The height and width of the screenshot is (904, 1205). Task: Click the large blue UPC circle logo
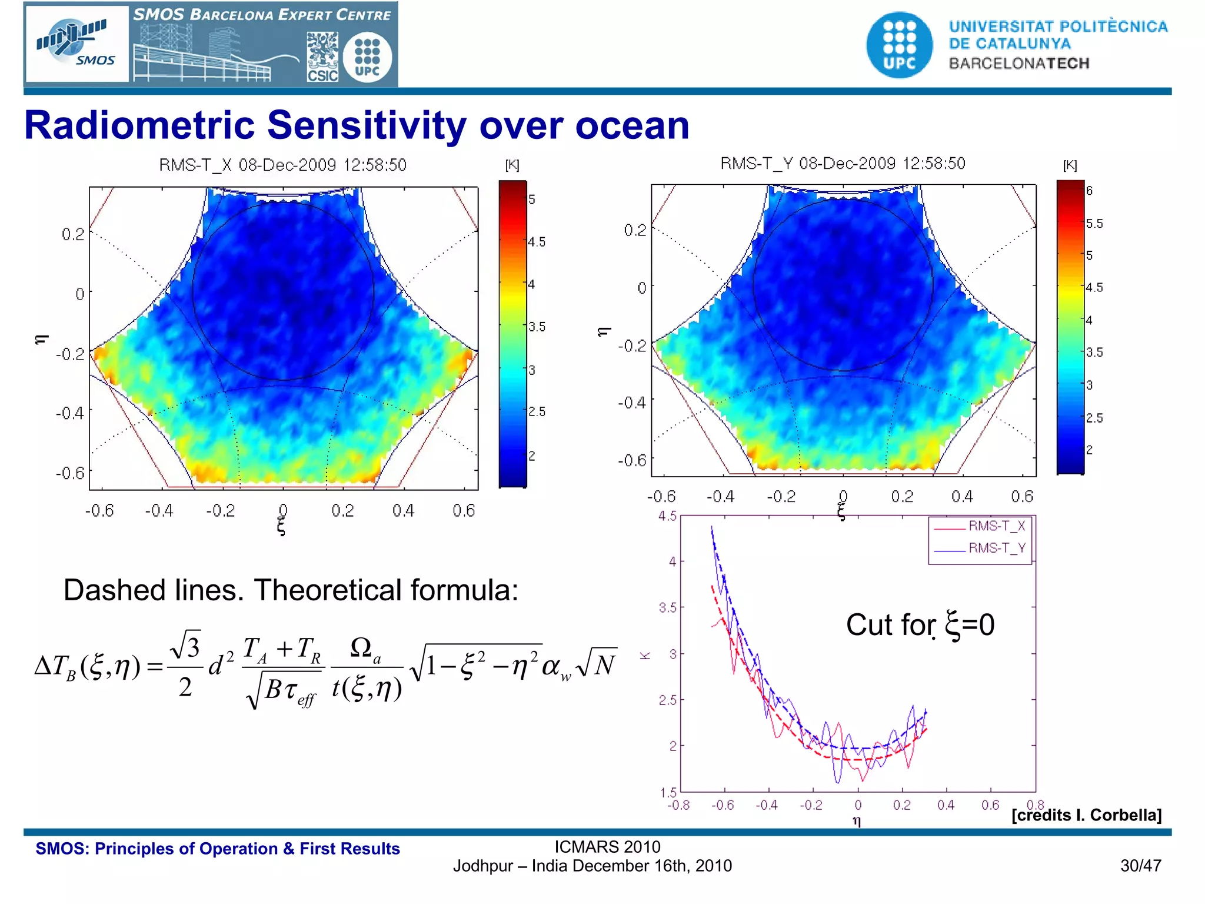click(x=899, y=45)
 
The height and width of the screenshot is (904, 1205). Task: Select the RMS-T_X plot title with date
click(x=282, y=165)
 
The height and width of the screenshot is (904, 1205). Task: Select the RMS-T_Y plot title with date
click(x=843, y=164)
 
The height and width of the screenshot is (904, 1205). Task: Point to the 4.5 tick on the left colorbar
click(x=536, y=242)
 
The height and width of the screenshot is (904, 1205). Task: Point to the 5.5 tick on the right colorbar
click(x=1094, y=224)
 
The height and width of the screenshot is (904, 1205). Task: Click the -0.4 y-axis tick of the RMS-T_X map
click(x=69, y=413)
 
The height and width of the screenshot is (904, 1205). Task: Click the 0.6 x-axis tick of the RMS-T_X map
click(x=463, y=510)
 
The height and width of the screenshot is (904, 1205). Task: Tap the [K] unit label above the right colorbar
click(x=1069, y=165)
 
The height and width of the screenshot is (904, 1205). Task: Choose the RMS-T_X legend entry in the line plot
click(x=997, y=526)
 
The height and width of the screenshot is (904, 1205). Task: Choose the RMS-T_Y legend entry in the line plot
click(x=997, y=548)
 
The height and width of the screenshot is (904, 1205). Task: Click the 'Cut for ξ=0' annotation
click(x=920, y=625)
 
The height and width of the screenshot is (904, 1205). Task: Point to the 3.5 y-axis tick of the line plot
click(x=667, y=608)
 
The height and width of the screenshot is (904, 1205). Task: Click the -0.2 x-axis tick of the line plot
click(x=811, y=805)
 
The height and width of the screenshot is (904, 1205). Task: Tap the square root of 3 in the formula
click(x=185, y=646)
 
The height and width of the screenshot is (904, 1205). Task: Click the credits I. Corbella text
click(x=1086, y=815)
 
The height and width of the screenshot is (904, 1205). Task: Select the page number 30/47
click(x=1140, y=866)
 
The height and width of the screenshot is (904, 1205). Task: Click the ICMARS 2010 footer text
click(x=607, y=847)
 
